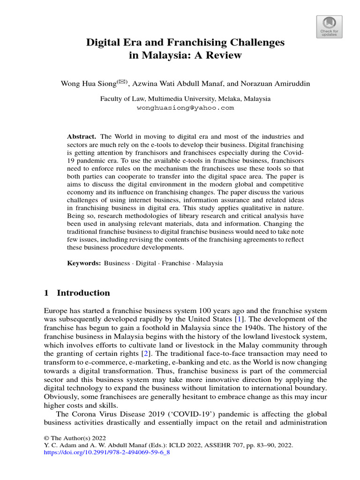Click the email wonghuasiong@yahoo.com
(x=185, y=107)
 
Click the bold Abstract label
(x=82, y=136)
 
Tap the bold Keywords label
(x=84, y=263)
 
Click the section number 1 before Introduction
(x=46, y=293)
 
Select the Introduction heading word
(x=83, y=293)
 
